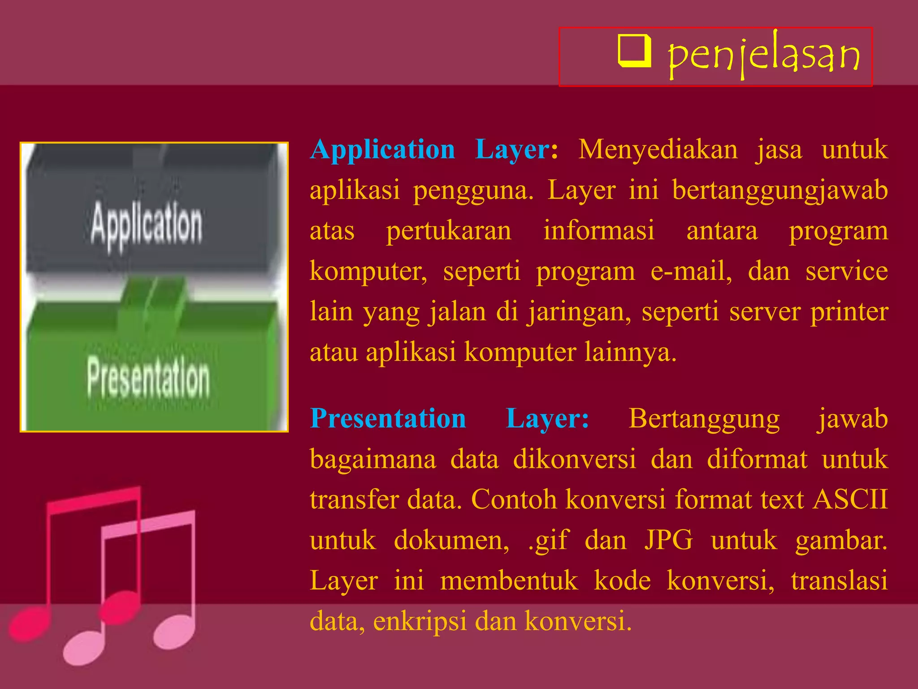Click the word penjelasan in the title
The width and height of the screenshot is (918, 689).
coord(763,56)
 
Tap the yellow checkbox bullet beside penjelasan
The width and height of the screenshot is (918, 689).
coord(634,51)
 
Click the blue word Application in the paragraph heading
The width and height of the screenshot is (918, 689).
coord(383,149)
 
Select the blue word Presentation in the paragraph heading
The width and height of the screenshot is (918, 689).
coord(388,419)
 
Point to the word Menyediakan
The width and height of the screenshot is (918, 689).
coord(658,149)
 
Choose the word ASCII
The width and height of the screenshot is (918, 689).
coord(850,499)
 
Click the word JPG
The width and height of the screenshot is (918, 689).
coord(668,540)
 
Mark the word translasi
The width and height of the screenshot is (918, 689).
coord(839,580)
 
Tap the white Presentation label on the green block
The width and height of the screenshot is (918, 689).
coord(148,378)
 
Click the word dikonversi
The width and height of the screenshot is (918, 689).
coord(575,459)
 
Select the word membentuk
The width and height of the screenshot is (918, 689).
coord(509,580)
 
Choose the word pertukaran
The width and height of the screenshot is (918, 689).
coord(449,231)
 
